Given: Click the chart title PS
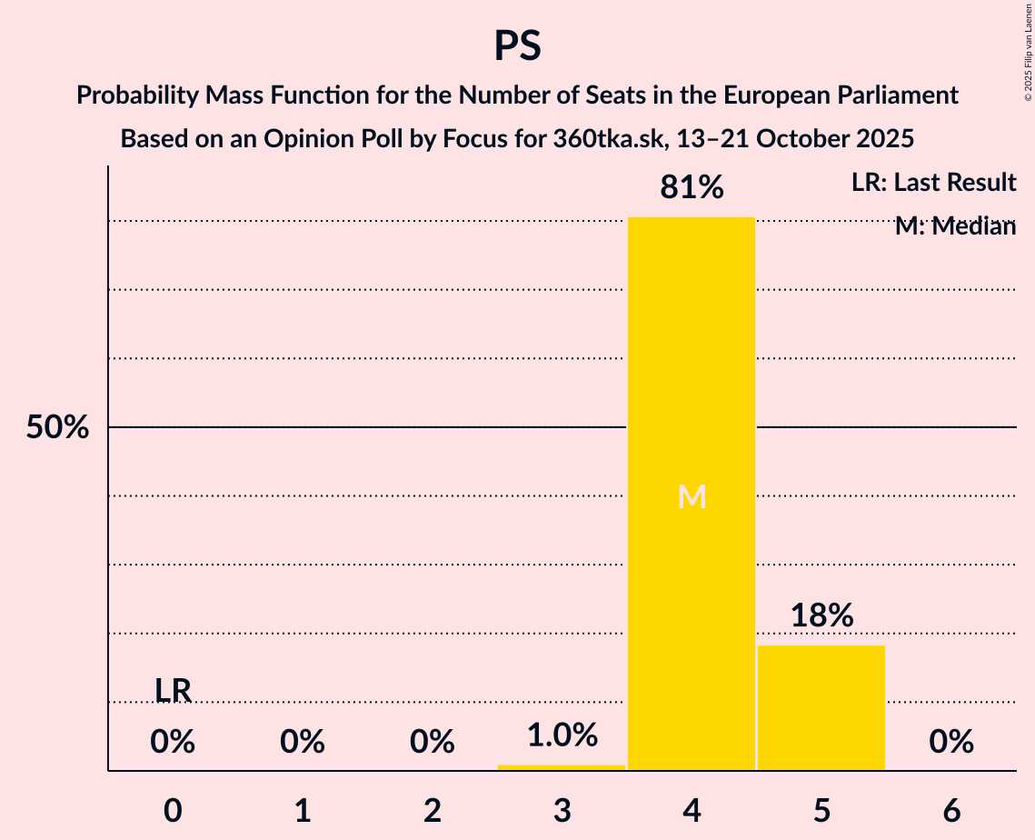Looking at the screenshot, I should (x=517, y=45).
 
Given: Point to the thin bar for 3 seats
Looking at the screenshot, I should (x=562, y=767).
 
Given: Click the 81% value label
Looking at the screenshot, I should (x=692, y=188).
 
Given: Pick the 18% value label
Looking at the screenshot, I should (x=821, y=615).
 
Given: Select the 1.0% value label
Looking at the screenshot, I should (x=562, y=735).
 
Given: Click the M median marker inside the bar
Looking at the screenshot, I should (x=692, y=496).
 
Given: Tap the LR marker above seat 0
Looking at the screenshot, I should (x=173, y=691).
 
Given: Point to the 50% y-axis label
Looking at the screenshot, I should (x=57, y=427).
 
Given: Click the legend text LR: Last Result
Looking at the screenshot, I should (x=933, y=183).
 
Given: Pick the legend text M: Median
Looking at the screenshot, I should (x=955, y=226).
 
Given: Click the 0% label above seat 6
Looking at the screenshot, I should (x=951, y=743).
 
